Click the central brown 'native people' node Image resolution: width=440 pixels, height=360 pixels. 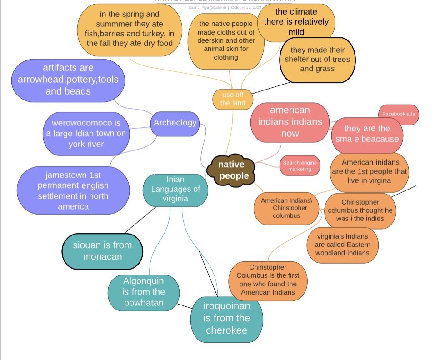pyautogui.click(x=231, y=170)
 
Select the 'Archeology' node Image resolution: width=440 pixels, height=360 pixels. pyautogui.click(x=175, y=123)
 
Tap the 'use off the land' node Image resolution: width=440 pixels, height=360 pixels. pyautogui.click(x=233, y=99)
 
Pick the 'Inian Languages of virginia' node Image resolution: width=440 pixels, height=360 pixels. pyautogui.click(x=175, y=189)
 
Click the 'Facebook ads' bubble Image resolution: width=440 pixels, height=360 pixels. pyautogui.click(x=399, y=114)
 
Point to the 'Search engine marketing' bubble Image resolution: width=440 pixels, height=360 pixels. pyautogui.click(x=300, y=166)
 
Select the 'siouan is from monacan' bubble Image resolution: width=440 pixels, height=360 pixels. pyautogui.click(x=102, y=250)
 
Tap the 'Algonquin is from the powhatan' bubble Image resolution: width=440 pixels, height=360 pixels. pyautogui.click(x=143, y=292)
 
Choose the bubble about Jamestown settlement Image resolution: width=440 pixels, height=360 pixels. pyautogui.click(x=70, y=190)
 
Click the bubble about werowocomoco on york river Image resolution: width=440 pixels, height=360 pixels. pyautogui.click(x=86, y=134)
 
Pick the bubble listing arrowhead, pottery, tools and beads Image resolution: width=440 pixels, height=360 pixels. pyautogui.click(x=68, y=80)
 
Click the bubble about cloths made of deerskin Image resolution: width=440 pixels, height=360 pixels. pyautogui.click(x=226, y=41)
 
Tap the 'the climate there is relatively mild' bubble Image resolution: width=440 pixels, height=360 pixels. pyautogui.click(x=296, y=22)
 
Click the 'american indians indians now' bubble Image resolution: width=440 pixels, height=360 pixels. pyautogui.click(x=290, y=122)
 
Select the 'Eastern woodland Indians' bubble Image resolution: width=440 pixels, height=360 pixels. pyautogui.click(x=342, y=245)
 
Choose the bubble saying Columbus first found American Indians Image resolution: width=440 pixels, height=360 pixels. pyautogui.click(x=268, y=280)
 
